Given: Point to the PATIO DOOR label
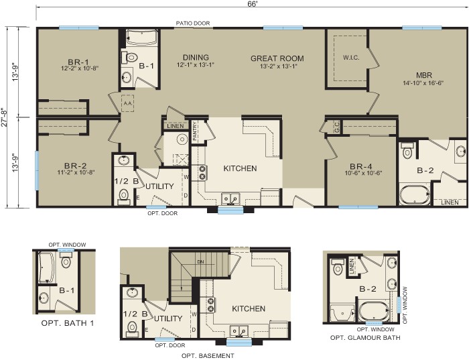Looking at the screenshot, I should point(193,23).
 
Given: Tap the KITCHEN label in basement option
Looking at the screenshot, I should point(249,309).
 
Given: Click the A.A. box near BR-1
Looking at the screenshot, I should point(127,103).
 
